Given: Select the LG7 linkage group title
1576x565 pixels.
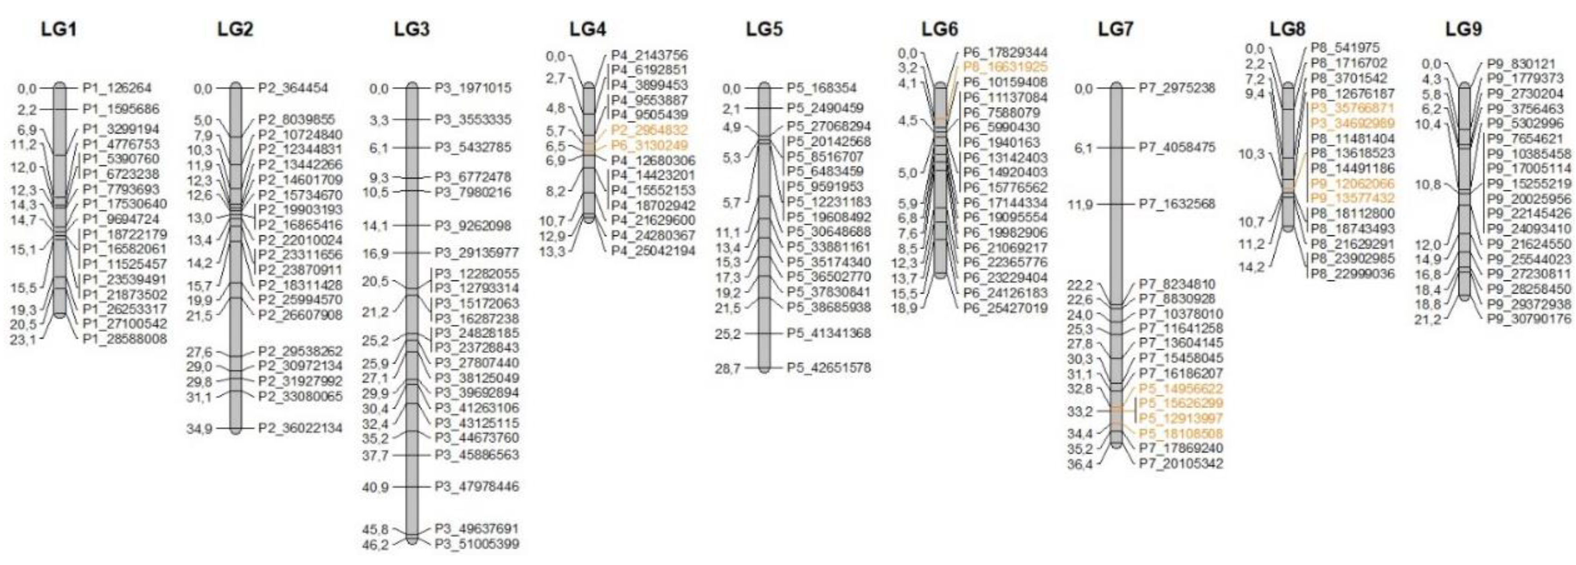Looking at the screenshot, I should (1115, 30).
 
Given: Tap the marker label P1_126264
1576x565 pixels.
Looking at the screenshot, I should (117, 88).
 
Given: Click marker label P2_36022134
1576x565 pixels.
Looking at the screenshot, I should (300, 428).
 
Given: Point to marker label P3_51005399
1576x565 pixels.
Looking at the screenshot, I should (476, 544).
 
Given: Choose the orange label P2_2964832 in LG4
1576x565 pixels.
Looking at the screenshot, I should (649, 130).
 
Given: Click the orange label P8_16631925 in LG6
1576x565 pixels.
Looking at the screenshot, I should (1005, 67).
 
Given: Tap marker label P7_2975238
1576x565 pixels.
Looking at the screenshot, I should (1177, 88).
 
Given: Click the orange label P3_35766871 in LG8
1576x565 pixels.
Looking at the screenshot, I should (1353, 108).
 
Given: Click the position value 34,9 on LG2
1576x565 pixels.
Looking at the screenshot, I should (199, 428).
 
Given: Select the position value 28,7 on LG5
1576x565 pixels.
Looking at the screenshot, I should (728, 369).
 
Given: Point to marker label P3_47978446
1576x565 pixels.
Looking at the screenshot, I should (476, 487).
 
